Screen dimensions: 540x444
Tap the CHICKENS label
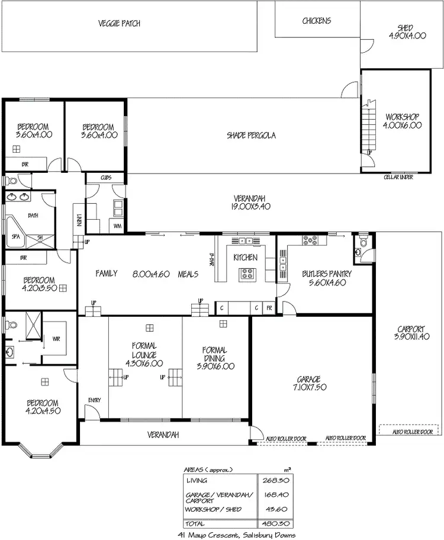(x=317, y=21)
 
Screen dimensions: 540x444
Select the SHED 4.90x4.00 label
(x=407, y=32)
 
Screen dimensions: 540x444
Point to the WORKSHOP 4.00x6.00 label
(x=402, y=121)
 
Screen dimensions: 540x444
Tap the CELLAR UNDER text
(x=398, y=177)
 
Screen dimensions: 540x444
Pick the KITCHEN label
(x=245, y=258)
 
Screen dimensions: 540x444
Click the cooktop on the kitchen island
(x=247, y=274)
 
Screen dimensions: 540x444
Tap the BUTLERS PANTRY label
(x=326, y=278)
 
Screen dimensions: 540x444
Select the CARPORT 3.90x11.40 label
(x=411, y=333)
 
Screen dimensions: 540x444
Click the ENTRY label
(x=94, y=400)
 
